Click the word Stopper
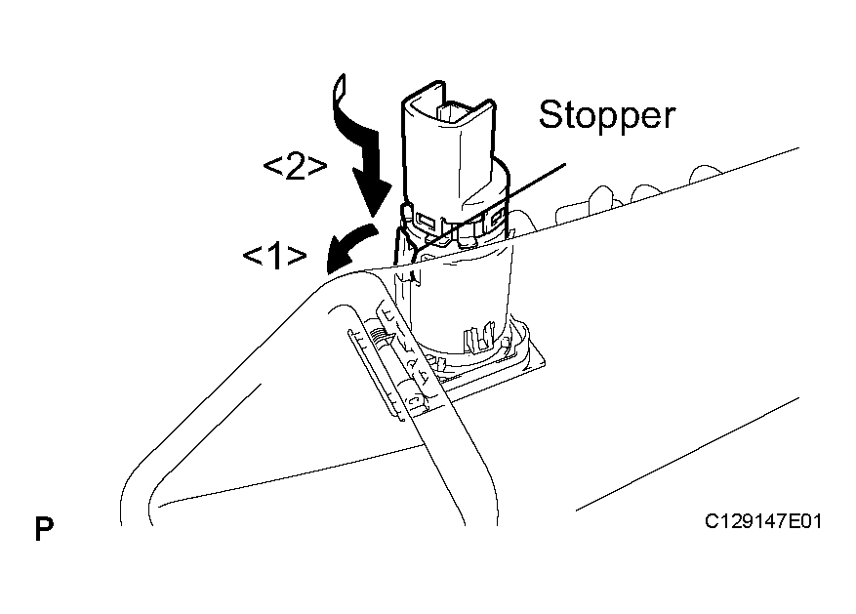coord(607,115)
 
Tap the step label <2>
coord(295,167)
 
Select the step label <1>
coord(274,256)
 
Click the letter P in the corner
coord(44,528)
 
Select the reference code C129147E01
coord(762,521)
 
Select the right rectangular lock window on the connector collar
coord(497,219)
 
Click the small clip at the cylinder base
coord(476,340)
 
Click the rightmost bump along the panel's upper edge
coord(706,174)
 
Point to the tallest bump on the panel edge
coord(600,197)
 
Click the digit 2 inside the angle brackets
coord(295,167)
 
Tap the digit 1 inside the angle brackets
coord(275,256)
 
